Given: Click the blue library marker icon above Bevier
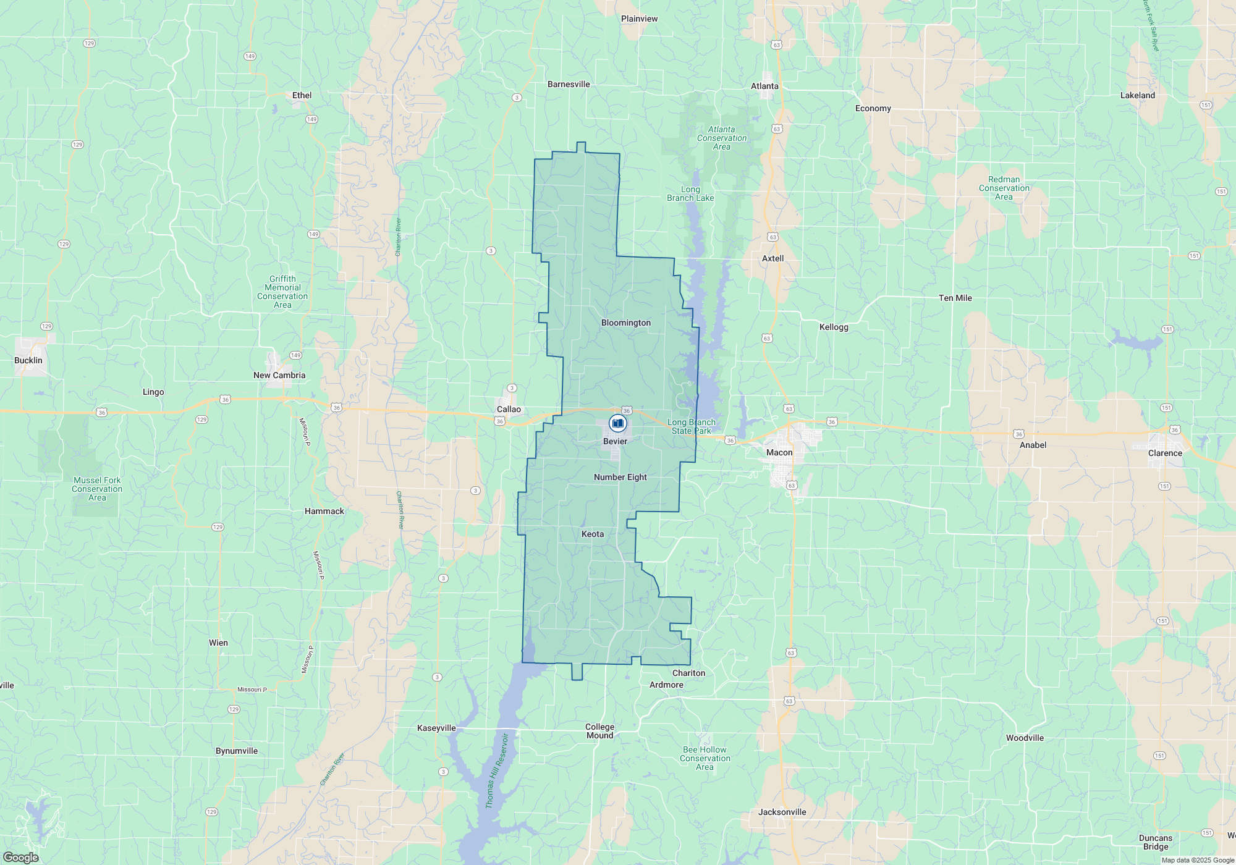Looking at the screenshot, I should [x=617, y=423].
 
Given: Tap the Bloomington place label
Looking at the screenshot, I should [x=625, y=323].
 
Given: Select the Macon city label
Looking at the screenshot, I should [x=779, y=452].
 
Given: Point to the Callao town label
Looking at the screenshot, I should [x=509, y=409].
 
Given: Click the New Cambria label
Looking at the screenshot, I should [x=279, y=375].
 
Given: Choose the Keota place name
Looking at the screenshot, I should [x=592, y=534].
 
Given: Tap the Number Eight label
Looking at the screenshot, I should [x=620, y=477].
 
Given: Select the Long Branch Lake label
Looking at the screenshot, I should [x=690, y=194].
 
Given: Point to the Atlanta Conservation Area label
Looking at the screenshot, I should [x=721, y=138].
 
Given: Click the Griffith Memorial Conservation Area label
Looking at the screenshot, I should [x=282, y=292].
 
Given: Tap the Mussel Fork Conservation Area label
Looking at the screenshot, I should [x=97, y=489].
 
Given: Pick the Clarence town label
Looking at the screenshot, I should [x=1165, y=453].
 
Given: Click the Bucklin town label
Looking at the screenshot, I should [x=28, y=360].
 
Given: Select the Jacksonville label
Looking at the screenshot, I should [x=782, y=812].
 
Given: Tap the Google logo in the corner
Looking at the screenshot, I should [x=20, y=858].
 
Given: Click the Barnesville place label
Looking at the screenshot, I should [x=569, y=84].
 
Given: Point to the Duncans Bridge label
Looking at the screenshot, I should [x=1156, y=842].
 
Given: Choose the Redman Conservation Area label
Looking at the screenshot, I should [x=1004, y=188].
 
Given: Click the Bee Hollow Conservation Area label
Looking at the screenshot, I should [x=705, y=758].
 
